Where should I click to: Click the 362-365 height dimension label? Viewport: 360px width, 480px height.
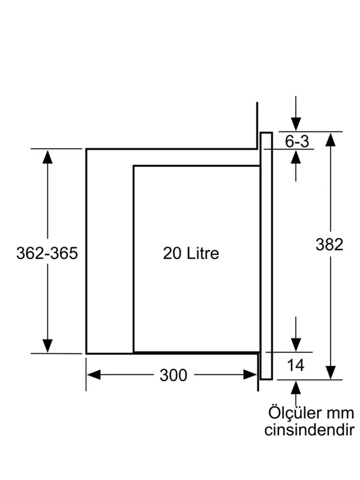coord(47,253)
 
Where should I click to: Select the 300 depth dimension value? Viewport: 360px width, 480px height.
coord(173,375)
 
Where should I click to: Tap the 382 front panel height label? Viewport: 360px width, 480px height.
coord(329,245)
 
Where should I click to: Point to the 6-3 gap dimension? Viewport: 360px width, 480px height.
coord(297,142)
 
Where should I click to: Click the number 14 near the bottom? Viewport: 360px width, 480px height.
coord(296,365)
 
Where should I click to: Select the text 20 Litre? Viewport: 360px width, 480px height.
coord(191,253)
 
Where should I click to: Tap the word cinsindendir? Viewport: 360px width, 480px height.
coord(310,430)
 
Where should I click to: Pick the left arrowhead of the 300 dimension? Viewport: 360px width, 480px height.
coord(94,374)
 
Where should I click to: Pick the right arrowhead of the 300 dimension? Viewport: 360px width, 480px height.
coord(250,374)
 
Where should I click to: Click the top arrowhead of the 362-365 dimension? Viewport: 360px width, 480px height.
coord(47,157)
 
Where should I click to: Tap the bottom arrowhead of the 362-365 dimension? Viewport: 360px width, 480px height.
coord(47,346)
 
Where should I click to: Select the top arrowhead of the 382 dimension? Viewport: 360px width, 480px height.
coord(331,139)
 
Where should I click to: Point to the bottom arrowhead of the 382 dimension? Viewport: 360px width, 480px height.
coord(331,372)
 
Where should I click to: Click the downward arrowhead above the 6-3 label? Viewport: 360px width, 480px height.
coord(296,124)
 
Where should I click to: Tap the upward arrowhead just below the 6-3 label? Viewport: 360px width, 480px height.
coord(296,157)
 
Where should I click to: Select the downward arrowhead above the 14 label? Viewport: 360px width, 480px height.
coord(296,345)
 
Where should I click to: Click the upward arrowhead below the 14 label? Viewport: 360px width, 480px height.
coord(296,388)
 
